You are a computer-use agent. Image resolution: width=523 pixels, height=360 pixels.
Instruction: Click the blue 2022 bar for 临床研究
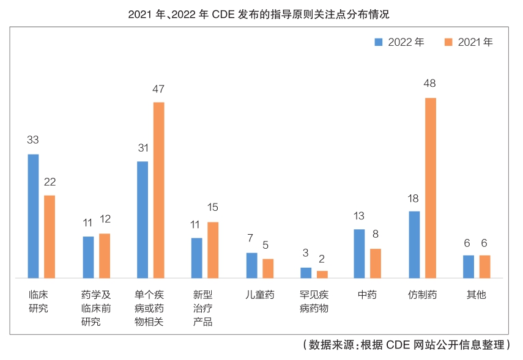tap(33, 216)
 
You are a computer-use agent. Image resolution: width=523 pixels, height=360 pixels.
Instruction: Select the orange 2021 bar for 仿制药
tap(431, 188)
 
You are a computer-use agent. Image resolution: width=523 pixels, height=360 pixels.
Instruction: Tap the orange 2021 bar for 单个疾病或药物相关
tap(159, 189)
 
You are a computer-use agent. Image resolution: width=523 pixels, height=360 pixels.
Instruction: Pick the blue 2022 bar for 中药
tap(359, 253)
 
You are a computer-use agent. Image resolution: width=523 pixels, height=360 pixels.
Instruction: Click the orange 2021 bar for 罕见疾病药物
tap(322, 274)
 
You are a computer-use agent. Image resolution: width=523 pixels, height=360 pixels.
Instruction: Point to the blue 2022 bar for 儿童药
tap(251, 265)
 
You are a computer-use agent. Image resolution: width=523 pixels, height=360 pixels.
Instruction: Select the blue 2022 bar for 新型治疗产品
tap(196, 257)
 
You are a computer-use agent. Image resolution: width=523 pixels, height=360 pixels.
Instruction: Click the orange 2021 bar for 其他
tap(485, 266)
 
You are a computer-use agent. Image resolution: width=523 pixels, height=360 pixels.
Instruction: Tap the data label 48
tap(431, 84)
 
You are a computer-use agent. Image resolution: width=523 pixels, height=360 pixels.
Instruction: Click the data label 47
tap(158, 89)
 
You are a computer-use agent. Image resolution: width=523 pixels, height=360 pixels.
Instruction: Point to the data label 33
tap(33, 140)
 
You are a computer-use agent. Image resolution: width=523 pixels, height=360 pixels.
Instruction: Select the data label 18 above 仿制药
tap(414, 198)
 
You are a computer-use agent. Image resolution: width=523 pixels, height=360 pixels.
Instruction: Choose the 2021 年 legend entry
tap(469, 42)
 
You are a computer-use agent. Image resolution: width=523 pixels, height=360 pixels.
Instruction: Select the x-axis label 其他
tap(477, 295)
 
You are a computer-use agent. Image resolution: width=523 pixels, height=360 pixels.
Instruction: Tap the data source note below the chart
tap(406, 345)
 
